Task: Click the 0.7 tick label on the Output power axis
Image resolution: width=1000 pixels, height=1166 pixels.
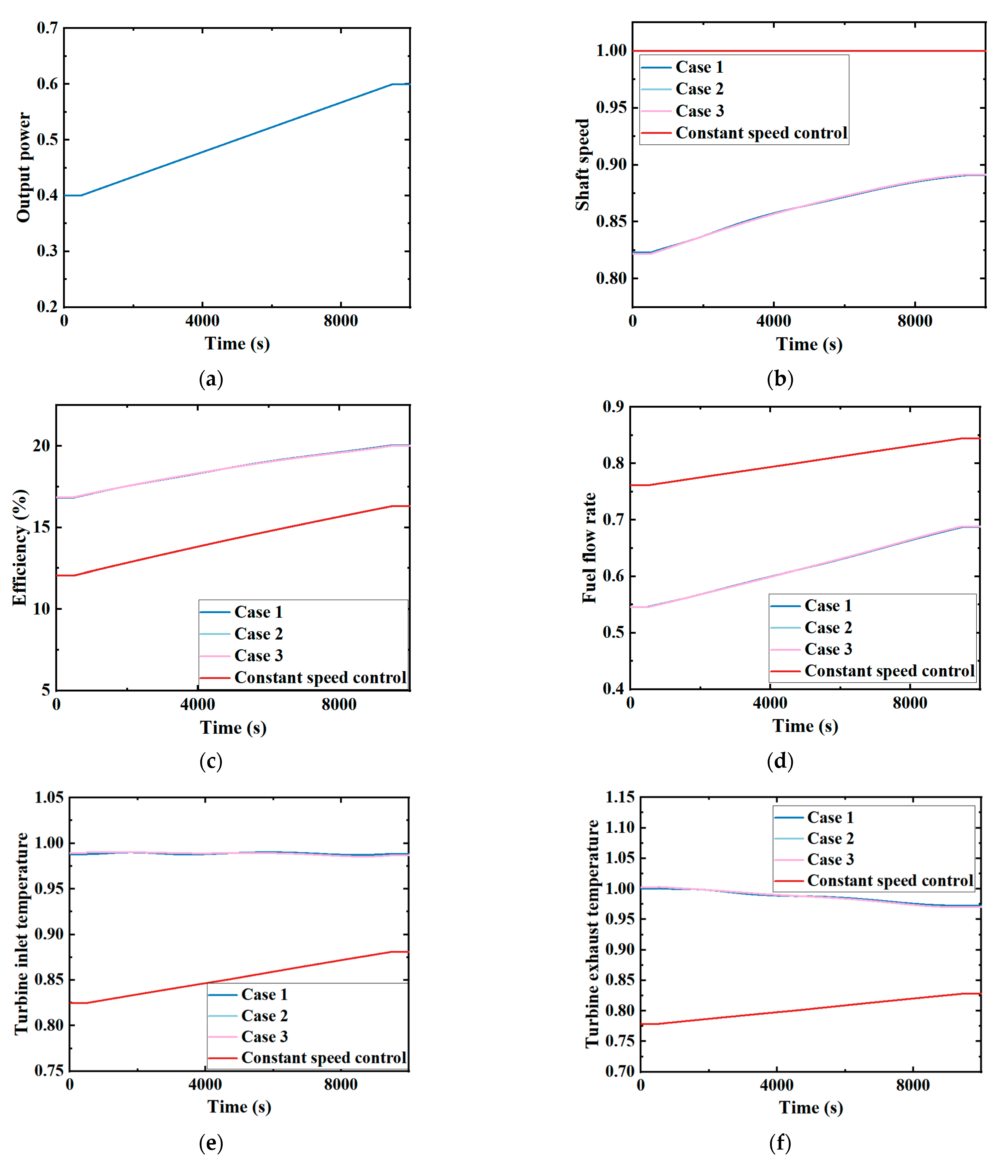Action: pos(47,28)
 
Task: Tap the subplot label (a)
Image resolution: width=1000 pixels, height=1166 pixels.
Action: pos(211,379)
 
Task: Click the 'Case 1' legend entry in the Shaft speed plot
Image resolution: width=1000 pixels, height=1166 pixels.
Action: pos(699,67)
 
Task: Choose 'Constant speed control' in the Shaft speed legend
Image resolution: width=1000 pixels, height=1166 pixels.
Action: pos(761,133)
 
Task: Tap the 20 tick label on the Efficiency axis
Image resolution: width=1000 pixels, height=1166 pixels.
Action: pos(41,446)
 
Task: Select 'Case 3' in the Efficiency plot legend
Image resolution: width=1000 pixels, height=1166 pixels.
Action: pos(258,656)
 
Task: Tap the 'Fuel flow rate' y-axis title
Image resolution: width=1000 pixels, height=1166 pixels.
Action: pos(589,547)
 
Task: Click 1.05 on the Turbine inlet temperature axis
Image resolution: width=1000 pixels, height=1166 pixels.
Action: pos(49,797)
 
